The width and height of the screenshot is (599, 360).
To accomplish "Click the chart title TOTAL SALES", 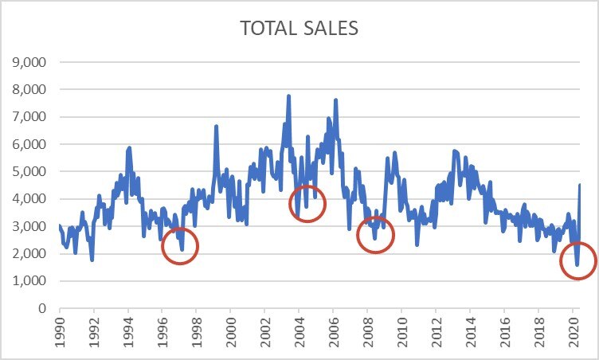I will click(299, 29).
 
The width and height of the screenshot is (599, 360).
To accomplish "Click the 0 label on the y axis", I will click(44, 309).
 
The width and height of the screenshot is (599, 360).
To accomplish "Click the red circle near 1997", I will click(180, 245).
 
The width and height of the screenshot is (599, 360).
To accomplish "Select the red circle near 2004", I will click(307, 204).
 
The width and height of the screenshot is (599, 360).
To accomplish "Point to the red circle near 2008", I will click(375, 234).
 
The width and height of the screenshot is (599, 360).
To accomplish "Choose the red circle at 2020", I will click(578, 260).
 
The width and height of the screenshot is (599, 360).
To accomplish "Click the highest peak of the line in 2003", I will click(288, 96).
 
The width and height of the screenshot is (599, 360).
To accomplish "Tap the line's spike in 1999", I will click(216, 126).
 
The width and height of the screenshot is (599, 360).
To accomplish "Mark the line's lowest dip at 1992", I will click(92, 260).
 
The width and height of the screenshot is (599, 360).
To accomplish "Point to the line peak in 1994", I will click(129, 147).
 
